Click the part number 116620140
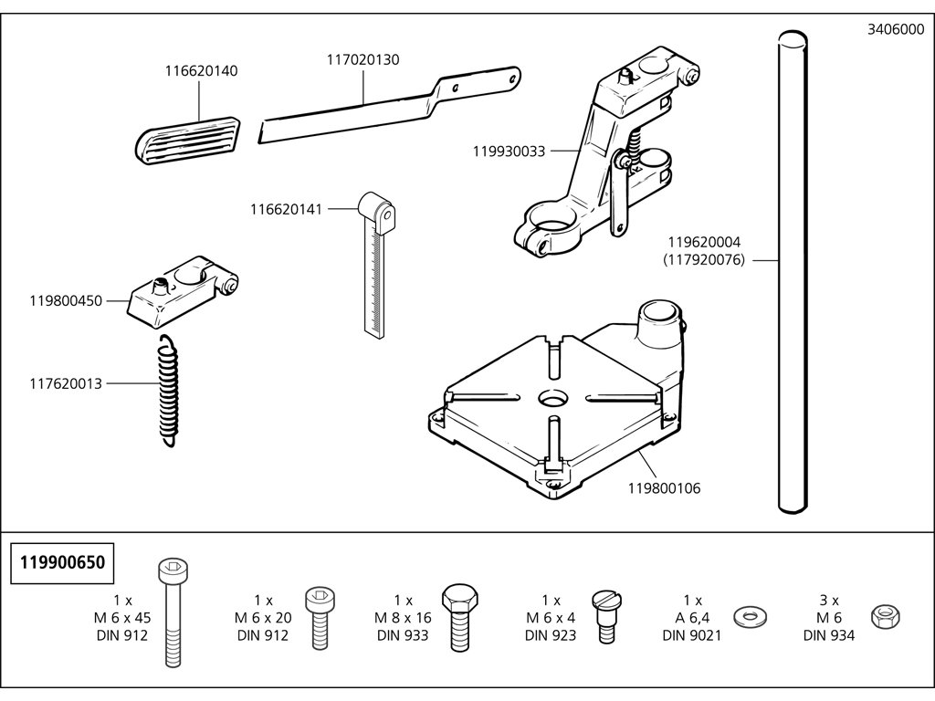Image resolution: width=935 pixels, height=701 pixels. [x=202, y=71]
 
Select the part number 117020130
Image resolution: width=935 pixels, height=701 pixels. [x=363, y=59]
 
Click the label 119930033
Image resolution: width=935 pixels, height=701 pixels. [x=509, y=152]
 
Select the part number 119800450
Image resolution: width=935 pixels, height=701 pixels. [x=66, y=299]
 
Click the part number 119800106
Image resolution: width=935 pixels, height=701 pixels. [x=664, y=488]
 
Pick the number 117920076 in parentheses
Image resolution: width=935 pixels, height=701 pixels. [x=704, y=260]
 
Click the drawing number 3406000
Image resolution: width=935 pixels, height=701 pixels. [x=896, y=29]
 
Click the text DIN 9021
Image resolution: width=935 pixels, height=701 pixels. [x=692, y=635]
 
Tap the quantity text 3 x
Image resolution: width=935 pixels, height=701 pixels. [x=829, y=600]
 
